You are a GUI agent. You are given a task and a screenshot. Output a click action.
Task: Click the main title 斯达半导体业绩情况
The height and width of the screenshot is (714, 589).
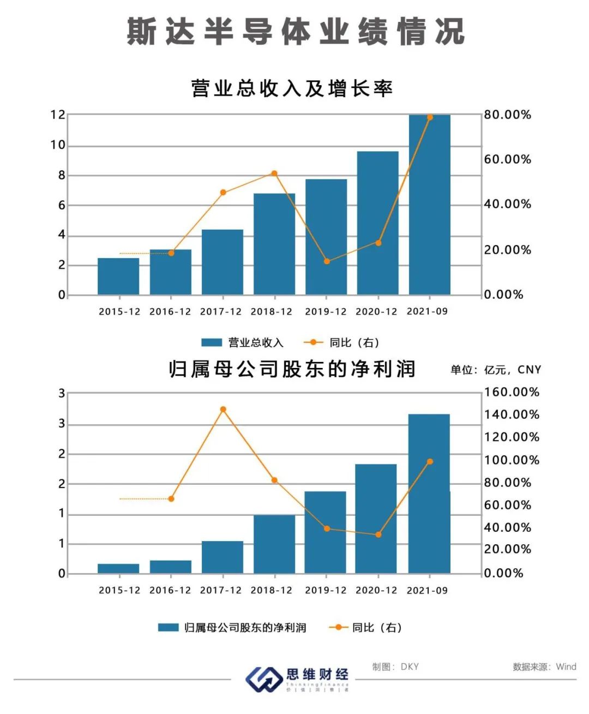[x=295, y=31]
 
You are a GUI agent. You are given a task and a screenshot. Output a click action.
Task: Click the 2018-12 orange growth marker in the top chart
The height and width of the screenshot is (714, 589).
[x=274, y=174]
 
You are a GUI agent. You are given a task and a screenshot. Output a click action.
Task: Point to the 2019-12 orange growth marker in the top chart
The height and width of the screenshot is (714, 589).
[x=327, y=261]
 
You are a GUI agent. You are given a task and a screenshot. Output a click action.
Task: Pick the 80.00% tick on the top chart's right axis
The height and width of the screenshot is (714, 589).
[x=507, y=115]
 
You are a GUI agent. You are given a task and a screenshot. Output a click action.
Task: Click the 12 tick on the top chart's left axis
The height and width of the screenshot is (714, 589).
[x=58, y=115]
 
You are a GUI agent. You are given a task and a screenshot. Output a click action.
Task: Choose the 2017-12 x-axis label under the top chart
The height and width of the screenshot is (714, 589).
[x=220, y=312]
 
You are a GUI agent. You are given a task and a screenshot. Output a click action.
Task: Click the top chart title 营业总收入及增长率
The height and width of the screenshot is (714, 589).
[x=292, y=88]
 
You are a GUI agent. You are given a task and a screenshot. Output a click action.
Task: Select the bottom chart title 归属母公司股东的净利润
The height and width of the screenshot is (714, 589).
[x=292, y=370]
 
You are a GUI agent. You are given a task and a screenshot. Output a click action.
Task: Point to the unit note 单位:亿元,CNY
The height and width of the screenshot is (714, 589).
[x=496, y=370]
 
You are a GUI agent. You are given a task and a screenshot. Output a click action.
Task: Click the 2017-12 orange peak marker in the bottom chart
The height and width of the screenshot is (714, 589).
[x=223, y=409]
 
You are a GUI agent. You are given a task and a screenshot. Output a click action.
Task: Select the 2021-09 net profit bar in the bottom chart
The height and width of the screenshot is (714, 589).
[x=429, y=493]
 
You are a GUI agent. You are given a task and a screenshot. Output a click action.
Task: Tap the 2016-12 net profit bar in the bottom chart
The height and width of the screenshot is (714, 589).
[x=171, y=567]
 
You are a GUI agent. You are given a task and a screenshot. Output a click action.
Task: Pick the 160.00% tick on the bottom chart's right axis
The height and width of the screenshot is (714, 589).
[x=511, y=392]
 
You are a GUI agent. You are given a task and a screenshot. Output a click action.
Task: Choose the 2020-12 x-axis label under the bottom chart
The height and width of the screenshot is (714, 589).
[x=376, y=590]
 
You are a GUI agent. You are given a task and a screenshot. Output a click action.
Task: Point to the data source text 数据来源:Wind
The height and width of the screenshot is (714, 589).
[x=544, y=667]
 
